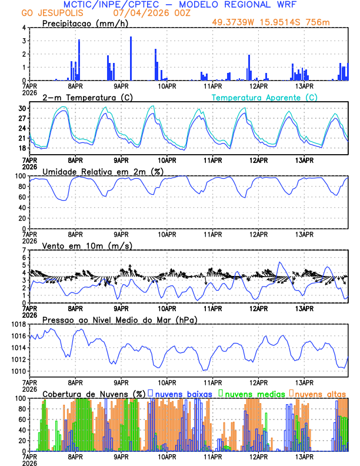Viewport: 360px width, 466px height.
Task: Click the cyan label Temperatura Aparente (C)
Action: pos(265,97)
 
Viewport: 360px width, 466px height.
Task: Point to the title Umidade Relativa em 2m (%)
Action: pos(99,171)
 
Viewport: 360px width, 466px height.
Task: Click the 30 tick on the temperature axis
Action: pos(22,108)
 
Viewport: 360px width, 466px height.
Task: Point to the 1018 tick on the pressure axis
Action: pos(18,324)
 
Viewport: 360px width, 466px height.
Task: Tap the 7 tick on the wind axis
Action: pos(24,250)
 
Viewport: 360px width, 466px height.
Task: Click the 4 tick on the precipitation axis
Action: pos(24,28)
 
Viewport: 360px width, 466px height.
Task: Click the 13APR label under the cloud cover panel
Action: pos(304,457)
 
